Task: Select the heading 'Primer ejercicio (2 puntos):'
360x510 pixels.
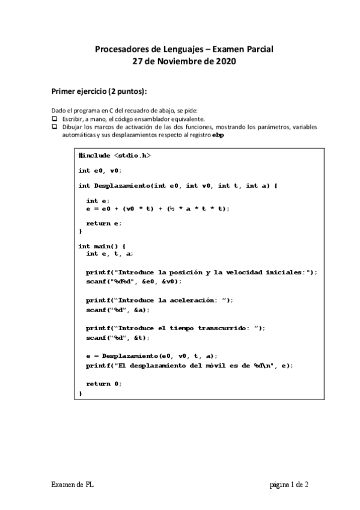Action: (x=99, y=91)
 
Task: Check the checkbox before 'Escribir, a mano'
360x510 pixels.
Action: (x=53, y=119)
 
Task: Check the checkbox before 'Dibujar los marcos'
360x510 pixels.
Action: (x=53, y=127)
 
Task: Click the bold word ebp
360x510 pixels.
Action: (x=218, y=135)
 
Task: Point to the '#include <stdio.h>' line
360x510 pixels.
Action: (x=114, y=155)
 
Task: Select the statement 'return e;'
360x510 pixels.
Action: (x=103, y=223)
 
